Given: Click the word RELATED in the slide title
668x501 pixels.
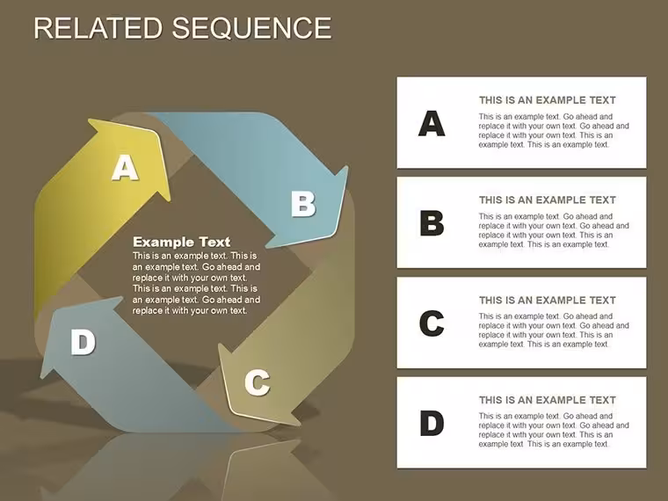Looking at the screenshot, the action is coord(98,28).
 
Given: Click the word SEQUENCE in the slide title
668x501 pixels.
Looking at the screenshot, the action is coord(251,28).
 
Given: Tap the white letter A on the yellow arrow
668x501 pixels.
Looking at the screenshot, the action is coord(125,167).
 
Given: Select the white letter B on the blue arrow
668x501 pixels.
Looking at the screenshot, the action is coord(303,204).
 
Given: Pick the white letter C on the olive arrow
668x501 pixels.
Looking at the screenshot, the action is coord(258,382).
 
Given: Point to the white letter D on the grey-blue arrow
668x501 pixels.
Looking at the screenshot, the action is coord(83,342).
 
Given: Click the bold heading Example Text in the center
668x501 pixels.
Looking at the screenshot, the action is coord(181,242).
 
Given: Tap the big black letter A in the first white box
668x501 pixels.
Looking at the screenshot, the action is coord(432,123).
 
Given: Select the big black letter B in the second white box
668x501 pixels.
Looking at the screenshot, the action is coord(432,222).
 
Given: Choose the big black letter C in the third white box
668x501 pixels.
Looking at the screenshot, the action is coord(432,323).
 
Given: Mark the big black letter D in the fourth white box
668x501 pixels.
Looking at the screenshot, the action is coord(432,423).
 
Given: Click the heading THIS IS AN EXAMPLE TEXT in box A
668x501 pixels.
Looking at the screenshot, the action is coord(548,100).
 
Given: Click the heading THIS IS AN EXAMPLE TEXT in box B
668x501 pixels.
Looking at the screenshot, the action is coord(548,200).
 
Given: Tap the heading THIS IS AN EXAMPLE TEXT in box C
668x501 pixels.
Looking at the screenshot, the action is coord(548,300).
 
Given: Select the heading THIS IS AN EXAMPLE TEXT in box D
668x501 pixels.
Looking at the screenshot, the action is coord(548,400).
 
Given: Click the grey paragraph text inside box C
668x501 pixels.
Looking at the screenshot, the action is coord(554,330).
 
